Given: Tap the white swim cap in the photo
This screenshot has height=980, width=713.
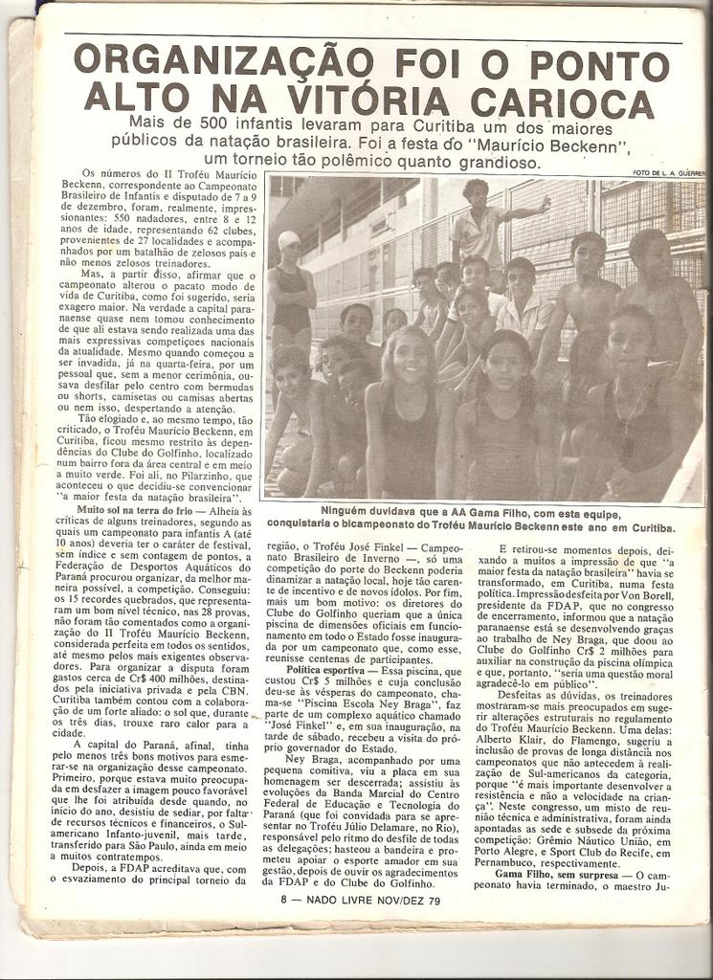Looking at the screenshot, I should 289,240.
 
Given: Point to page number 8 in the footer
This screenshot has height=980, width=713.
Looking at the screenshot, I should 284,900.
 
